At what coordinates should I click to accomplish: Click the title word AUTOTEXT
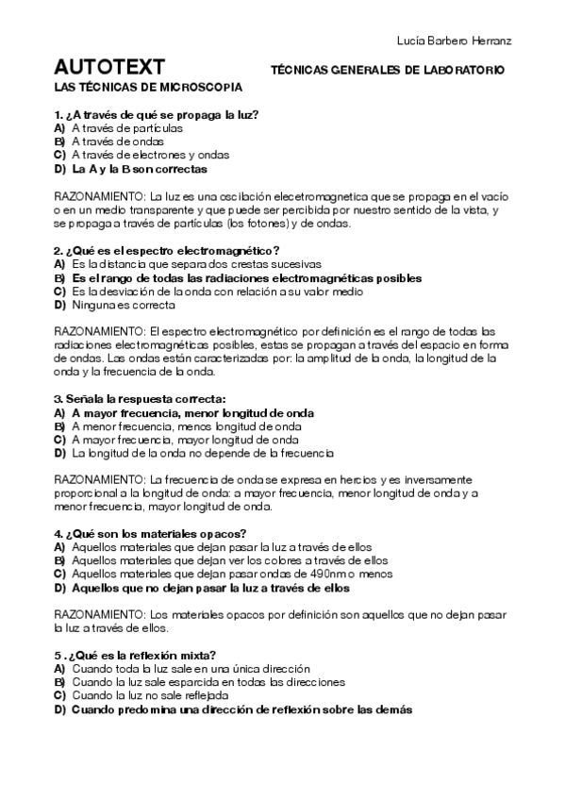pyautogui.click(x=110, y=68)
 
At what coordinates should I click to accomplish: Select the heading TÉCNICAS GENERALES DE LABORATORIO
pyautogui.click(x=388, y=70)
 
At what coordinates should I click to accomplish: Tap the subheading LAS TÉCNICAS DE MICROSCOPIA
pyautogui.click(x=149, y=88)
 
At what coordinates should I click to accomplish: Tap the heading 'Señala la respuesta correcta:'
pyautogui.click(x=141, y=400)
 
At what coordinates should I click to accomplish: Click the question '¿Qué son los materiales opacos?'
pyautogui.click(x=151, y=533)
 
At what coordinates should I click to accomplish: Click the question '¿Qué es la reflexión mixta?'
pyautogui.click(x=137, y=656)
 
